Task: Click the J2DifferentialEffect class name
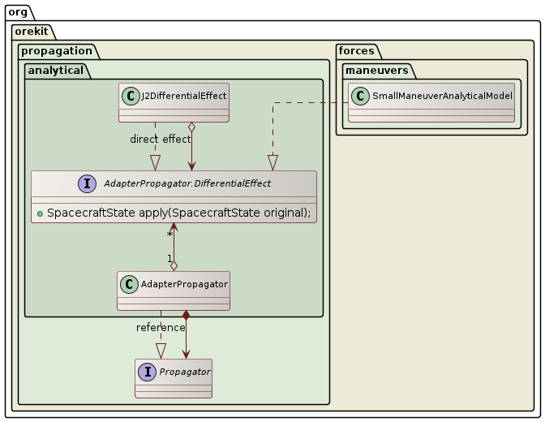pos(183,96)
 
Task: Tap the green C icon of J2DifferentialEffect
pos(131,96)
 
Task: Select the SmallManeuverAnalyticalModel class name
pos(442,97)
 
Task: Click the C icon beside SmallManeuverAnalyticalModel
pos(360,97)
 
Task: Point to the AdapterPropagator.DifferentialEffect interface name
pos(187,184)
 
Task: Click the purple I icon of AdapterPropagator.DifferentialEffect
pos(88,184)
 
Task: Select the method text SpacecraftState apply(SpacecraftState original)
pos(179,213)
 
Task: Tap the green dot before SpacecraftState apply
pos(40,213)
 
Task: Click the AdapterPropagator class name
pos(183,284)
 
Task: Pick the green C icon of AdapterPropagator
pos(129,284)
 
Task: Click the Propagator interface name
pos(184,372)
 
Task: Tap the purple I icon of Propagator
pos(148,372)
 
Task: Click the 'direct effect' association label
pos(160,139)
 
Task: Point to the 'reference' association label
pos(161,327)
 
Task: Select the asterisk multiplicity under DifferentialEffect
pos(170,235)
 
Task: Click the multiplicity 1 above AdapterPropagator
pos(169,260)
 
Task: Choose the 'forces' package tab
pos(357,51)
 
